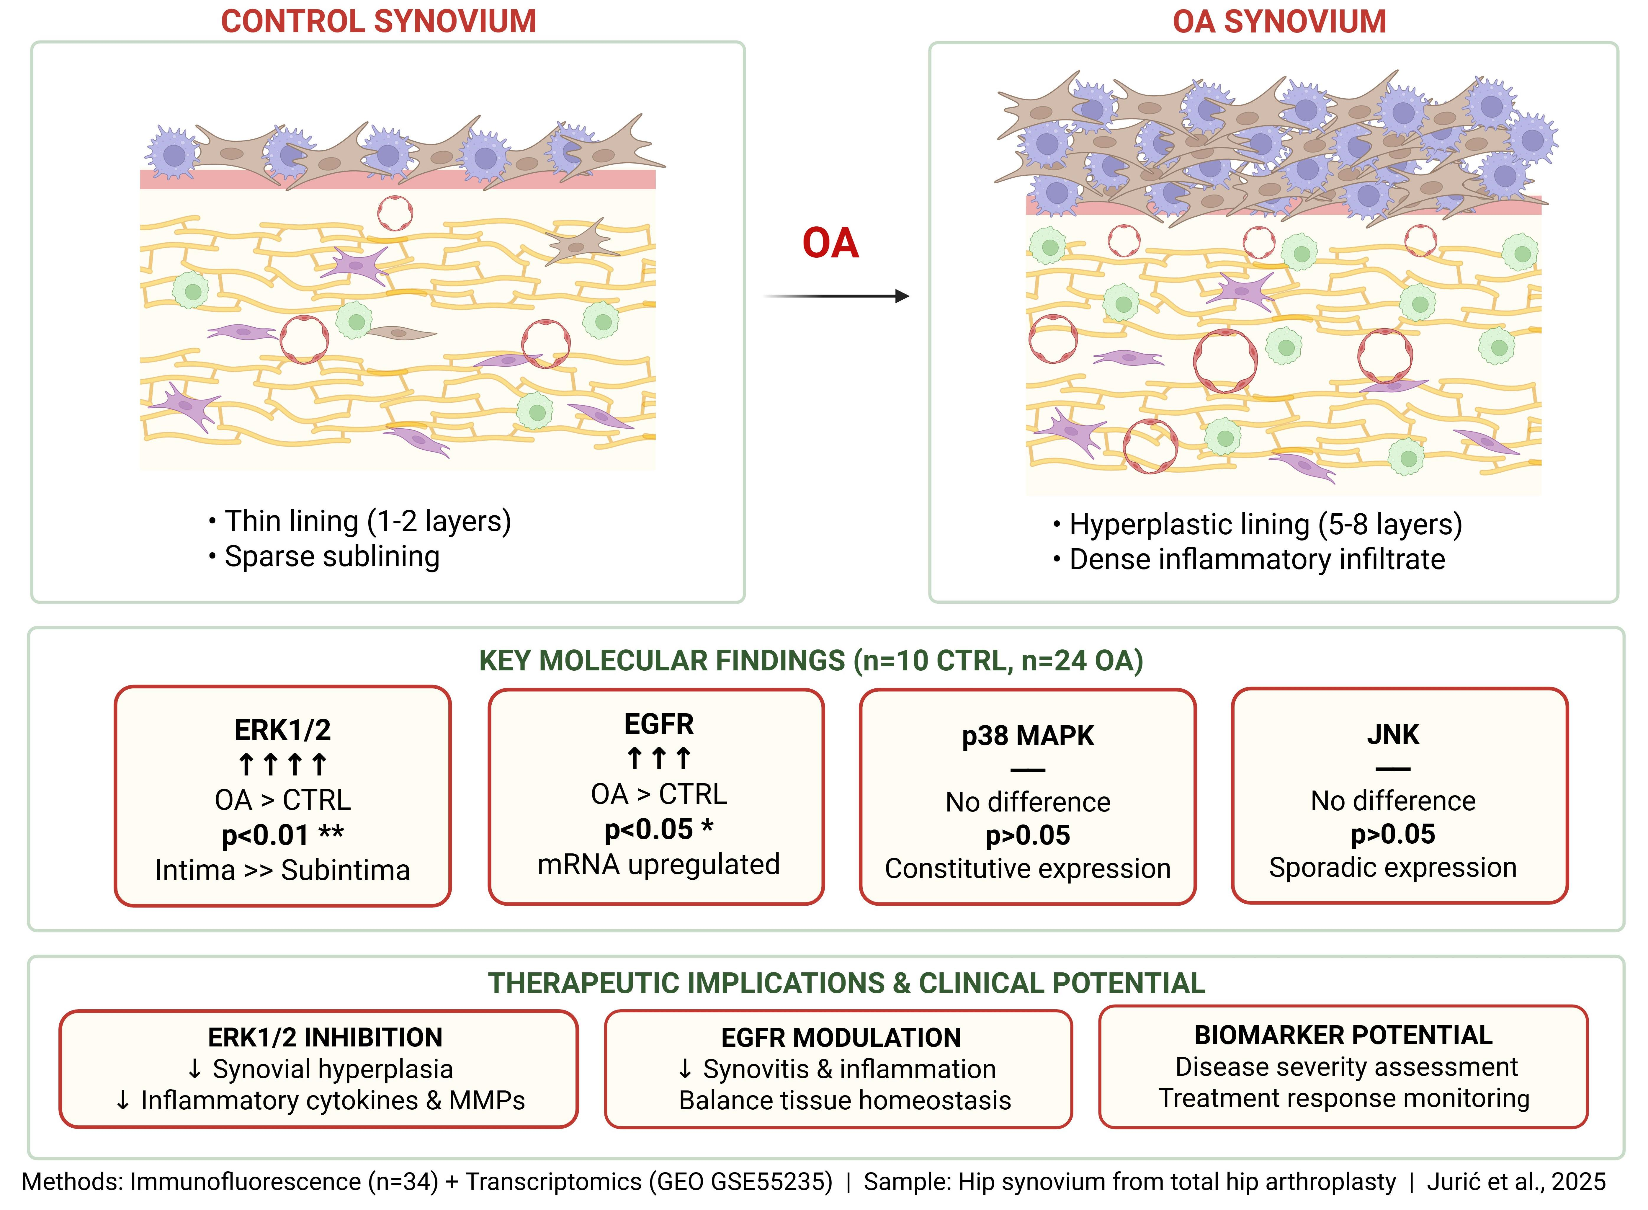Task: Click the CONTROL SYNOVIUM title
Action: tap(379, 21)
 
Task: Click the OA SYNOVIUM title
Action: tap(1279, 21)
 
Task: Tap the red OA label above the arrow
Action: tap(830, 243)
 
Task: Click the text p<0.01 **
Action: tap(283, 834)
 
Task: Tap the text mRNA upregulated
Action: tap(658, 864)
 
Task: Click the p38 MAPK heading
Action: tap(1028, 735)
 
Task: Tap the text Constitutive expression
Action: tap(1028, 869)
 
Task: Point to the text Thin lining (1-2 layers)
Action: tap(367, 522)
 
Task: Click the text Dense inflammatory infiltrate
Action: tap(1257, 560)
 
